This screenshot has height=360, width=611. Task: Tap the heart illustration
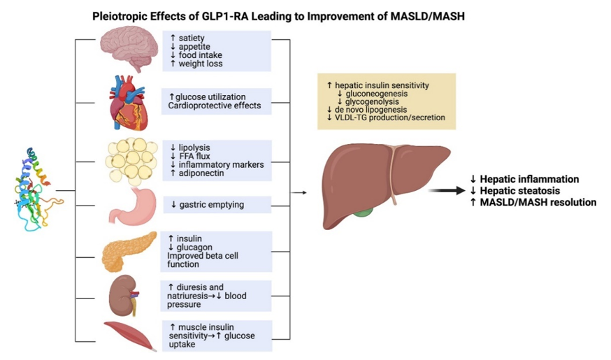click(127, 103)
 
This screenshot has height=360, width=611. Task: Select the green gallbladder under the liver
click(362, 210)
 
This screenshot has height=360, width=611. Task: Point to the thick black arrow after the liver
click(447, 189)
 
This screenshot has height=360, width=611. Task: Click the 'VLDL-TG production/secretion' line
click(386, 118)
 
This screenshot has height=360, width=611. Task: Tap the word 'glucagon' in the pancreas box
click(199, 247)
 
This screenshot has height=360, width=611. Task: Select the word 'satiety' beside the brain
click(193, 37)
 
